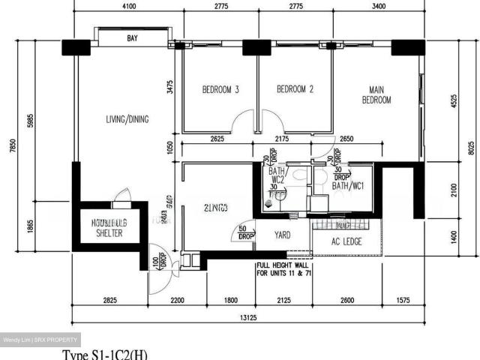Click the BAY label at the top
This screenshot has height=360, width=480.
tap(132, 38)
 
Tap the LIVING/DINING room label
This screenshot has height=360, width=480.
tap(127, 119)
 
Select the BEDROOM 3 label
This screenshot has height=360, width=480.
tap(220, 90)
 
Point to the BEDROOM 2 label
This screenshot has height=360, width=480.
tap(295, 90)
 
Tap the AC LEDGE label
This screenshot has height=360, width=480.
tap(346, 241)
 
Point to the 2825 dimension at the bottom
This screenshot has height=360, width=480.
tap(109, 301)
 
